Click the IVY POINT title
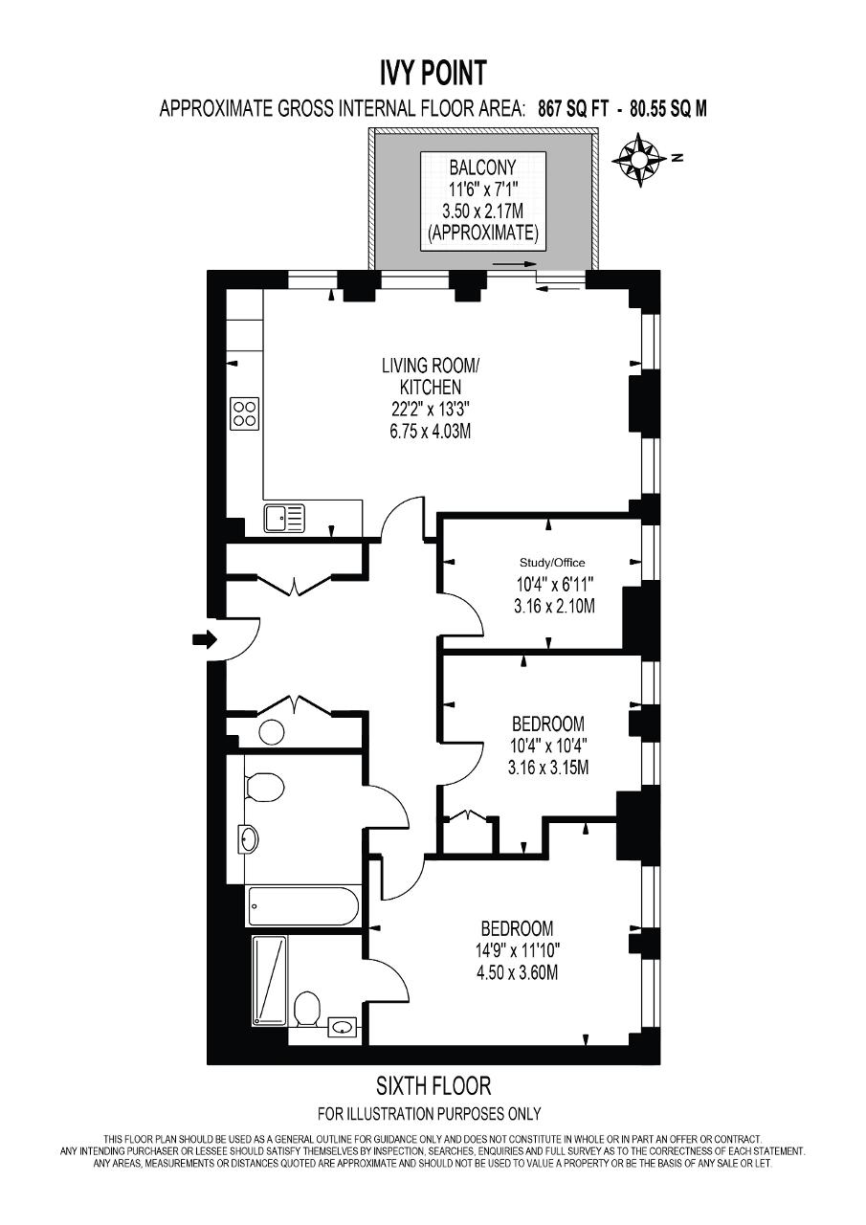433,73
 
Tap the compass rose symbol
638,160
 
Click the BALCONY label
482,167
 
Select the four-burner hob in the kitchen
245,413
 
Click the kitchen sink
284,518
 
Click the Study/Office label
551,563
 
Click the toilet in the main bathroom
265,788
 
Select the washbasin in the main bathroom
250,837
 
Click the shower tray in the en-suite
269,981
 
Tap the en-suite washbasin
343,1027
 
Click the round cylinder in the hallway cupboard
272,732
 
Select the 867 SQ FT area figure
573,109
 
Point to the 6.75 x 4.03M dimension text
430,432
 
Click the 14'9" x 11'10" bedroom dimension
518,951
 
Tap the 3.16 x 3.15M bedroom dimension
547,768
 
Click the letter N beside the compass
678,158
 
